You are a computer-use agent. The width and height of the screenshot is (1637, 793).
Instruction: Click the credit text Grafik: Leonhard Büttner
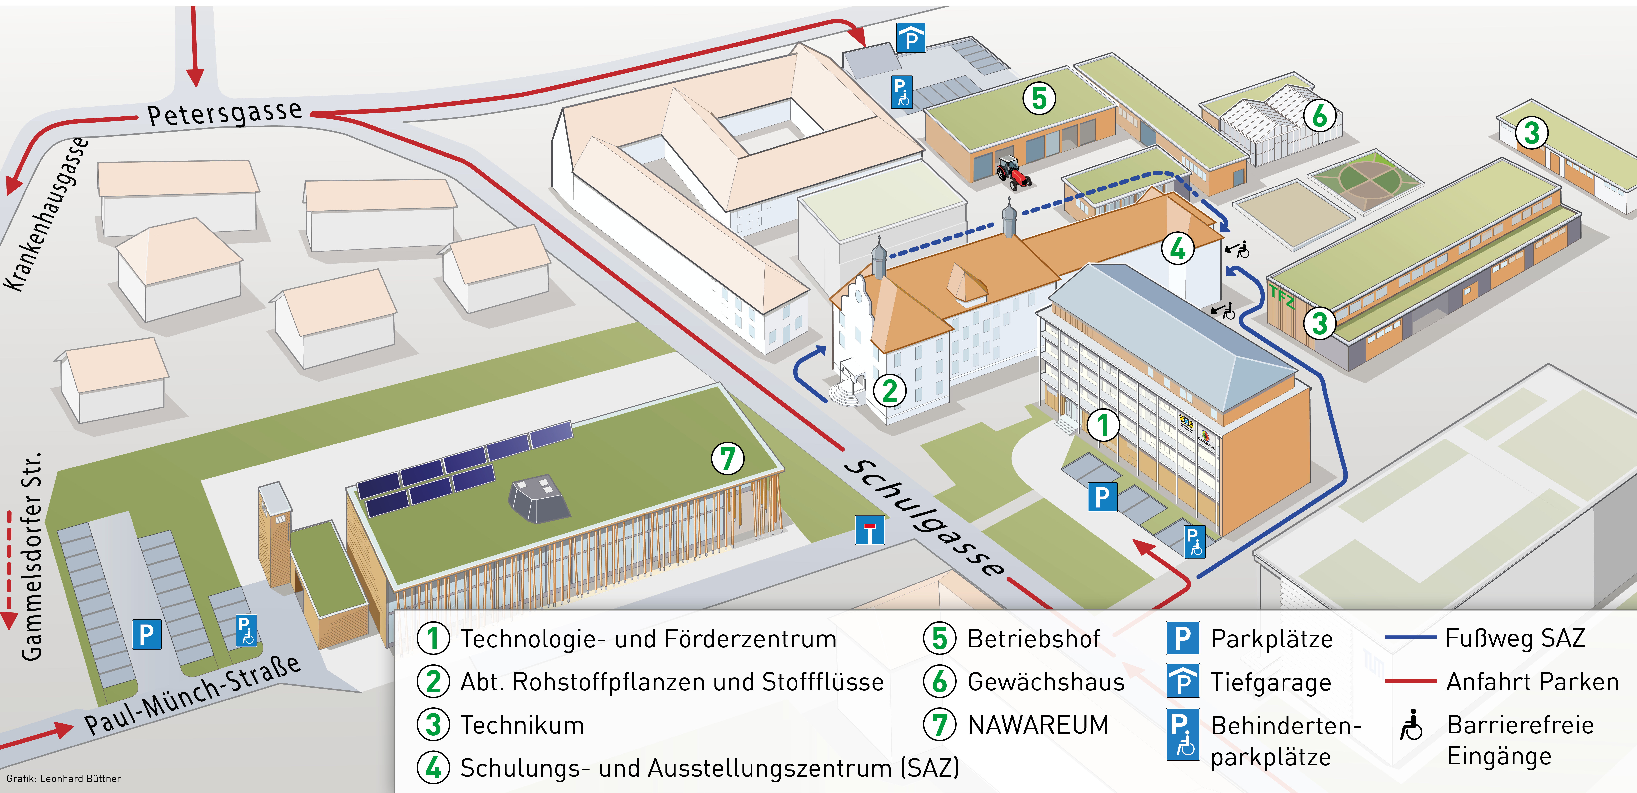pos(64,778)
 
